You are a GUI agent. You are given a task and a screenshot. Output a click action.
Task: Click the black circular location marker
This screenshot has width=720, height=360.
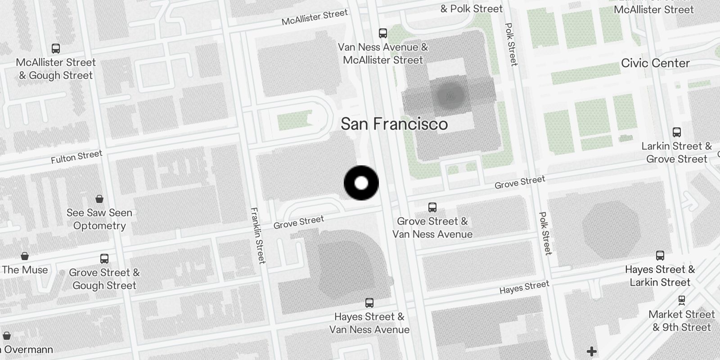(x=361, y=183)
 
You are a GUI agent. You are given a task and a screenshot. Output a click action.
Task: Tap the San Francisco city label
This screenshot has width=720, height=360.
(x=394, y=124)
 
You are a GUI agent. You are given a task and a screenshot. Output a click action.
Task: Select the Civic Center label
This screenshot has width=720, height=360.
(x=655, y=63)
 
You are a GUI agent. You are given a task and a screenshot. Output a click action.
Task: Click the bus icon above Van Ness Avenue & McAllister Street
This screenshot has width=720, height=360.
(x=383, y=33)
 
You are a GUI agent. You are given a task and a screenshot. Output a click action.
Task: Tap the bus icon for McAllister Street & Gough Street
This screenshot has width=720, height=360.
(x=56, y=48)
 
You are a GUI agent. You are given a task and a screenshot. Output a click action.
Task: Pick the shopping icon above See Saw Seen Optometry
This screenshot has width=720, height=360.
(x=99, y=198)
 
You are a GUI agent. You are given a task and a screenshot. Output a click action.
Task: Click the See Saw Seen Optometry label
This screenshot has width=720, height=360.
(x=99, y=219)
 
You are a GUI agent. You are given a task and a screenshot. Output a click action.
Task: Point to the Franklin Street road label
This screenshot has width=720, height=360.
(x=258, y=235)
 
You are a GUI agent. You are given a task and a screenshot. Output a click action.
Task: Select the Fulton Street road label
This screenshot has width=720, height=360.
(x=76, y=157)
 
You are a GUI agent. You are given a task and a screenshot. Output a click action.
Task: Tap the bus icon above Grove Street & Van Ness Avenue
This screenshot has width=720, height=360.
(x=432, y=207)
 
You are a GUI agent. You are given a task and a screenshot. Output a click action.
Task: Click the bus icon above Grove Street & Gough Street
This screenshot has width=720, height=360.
(x=104, y=258)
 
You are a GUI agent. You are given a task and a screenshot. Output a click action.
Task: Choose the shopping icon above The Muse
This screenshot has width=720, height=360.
(x=25, y=256)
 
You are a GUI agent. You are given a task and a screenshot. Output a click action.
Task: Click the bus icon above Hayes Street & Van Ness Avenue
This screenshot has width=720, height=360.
(x=369, y=302)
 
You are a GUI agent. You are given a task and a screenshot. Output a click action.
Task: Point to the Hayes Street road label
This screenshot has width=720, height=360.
(x=524, y=287)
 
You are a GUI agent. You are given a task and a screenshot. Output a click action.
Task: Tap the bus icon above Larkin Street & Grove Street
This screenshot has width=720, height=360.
(x=677, y=132)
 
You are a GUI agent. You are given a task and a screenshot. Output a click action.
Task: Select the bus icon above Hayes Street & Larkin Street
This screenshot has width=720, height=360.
(x=660, y=255)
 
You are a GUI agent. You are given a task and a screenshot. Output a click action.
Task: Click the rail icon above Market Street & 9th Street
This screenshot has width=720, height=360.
(x=682, y=300)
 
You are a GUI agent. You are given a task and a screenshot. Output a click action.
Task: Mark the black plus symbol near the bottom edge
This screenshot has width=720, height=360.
(x=592, y=351)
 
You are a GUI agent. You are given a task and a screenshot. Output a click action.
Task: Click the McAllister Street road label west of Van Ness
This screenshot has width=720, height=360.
(x=315, y=17)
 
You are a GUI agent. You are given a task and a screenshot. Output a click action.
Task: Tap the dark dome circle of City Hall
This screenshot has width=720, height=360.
(x=450, y=95)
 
